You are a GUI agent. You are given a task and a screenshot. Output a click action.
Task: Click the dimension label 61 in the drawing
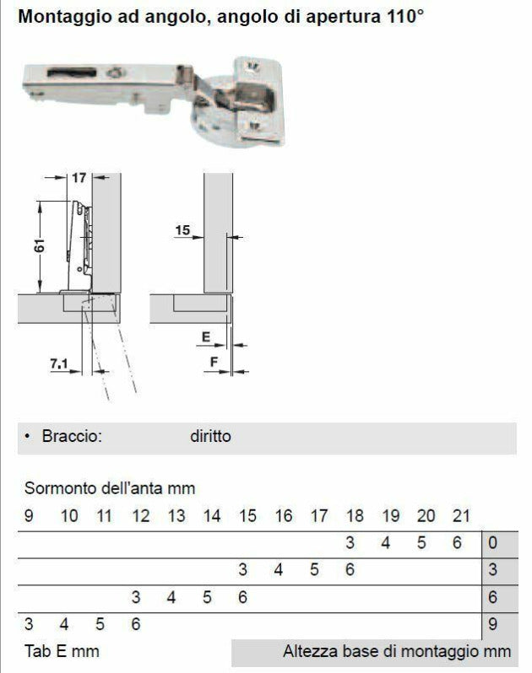pos(39,246)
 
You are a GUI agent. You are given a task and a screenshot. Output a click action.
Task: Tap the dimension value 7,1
pos(59,363)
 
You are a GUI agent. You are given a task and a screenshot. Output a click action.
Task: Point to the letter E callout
pos(206,337)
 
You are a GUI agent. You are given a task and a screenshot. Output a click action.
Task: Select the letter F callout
pos(214,363)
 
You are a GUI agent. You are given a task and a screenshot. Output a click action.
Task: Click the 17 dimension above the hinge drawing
pos(79,177)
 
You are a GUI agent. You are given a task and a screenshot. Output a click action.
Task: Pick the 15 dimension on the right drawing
pos(182,230)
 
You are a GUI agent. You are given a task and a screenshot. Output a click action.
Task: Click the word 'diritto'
pos(210,436)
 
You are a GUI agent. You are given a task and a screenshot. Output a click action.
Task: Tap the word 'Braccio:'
pos(72,436)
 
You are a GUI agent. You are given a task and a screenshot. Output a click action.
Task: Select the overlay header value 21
pos(462,516)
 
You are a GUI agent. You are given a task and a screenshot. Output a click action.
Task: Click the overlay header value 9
pos(29,516)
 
